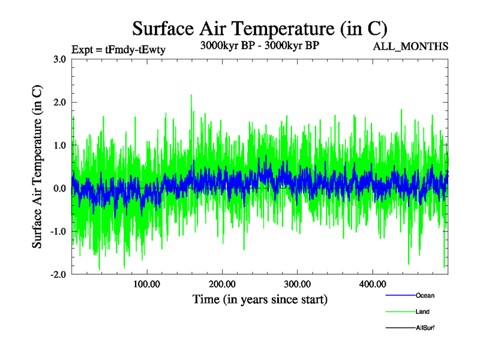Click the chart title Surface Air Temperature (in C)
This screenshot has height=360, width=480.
[260, 28]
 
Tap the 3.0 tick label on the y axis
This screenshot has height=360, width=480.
[59, 59]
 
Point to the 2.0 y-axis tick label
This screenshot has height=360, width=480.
[59, 102]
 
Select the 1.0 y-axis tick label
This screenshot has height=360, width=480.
[59, 145]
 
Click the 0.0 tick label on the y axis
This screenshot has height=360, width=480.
[59, 188]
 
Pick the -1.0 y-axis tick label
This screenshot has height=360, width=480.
[58, 232]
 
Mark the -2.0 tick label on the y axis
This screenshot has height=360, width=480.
[58, 275]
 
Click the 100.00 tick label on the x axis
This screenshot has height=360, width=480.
[146, 284]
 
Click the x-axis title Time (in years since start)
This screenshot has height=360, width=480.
[260, 299]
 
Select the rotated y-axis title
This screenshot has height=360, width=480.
[37, 167]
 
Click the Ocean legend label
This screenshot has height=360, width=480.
[425, 295]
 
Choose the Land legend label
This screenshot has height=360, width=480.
[422, 311]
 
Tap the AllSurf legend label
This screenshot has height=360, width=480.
[425, 328]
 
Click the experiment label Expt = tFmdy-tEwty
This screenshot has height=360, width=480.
[118, 50]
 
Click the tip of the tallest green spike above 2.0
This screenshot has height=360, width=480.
[191, 94]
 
